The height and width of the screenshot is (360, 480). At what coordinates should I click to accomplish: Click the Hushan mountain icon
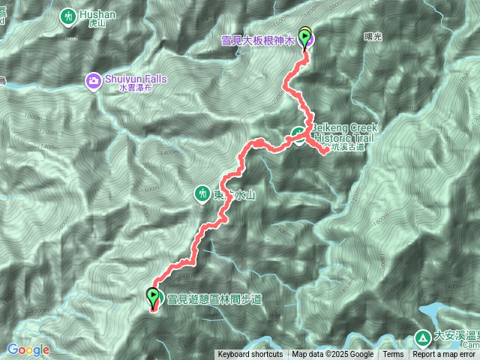pos(69,15)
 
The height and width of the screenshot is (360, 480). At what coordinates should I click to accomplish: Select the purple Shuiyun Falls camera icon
pos(93,79)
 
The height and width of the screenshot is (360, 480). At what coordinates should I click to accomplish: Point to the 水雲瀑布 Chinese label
pos(134,88)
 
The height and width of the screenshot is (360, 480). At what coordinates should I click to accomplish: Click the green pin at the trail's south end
pos(154,297)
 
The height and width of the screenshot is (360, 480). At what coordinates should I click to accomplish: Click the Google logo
pos(28,349)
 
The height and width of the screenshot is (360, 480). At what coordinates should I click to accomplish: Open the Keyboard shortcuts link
pos(250,355)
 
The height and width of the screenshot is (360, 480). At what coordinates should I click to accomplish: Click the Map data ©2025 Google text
pos(332,355)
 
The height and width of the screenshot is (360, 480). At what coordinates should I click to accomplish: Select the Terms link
pos(393,355)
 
